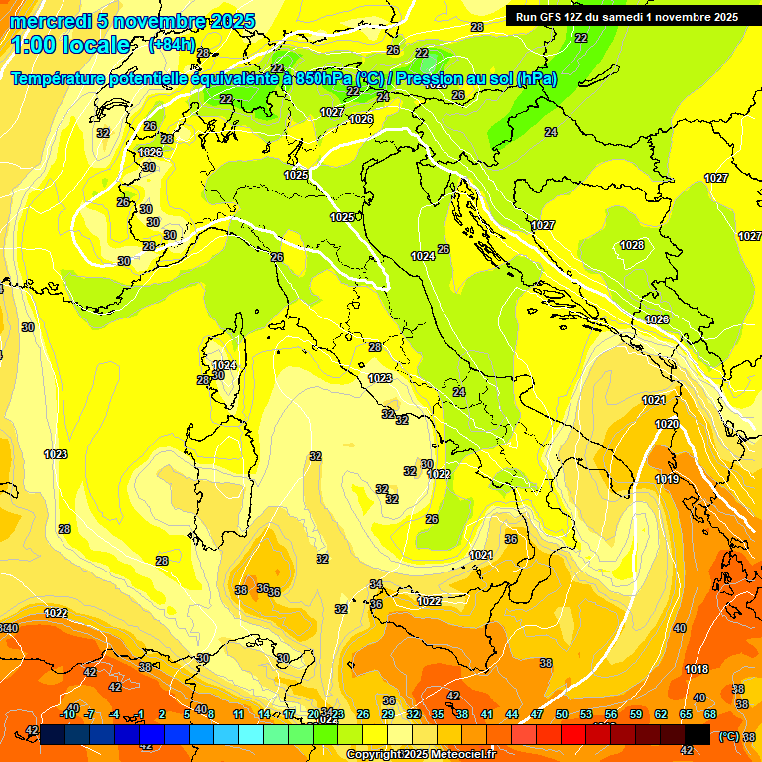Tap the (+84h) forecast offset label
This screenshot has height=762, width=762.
[172, 45]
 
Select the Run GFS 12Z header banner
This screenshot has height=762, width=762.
[626, 16]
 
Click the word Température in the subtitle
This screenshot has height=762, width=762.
[69, 78]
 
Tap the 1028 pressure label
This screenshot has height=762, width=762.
[632, 245]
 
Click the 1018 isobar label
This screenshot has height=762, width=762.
[697, 669]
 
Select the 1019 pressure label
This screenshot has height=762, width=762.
[667, 479]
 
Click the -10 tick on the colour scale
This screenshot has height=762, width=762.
[67, 714]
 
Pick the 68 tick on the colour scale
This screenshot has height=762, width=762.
[710, 714]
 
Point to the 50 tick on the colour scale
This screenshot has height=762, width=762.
[562, 714]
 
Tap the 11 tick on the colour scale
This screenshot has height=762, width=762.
[238, 714]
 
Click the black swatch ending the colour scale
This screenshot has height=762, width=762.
[698, 733]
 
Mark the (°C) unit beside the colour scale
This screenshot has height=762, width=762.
[729, 736]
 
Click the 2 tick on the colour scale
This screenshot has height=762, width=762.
[162, 714]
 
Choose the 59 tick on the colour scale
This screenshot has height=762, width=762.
[636, 714]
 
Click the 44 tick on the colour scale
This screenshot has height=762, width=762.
[512, 714]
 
